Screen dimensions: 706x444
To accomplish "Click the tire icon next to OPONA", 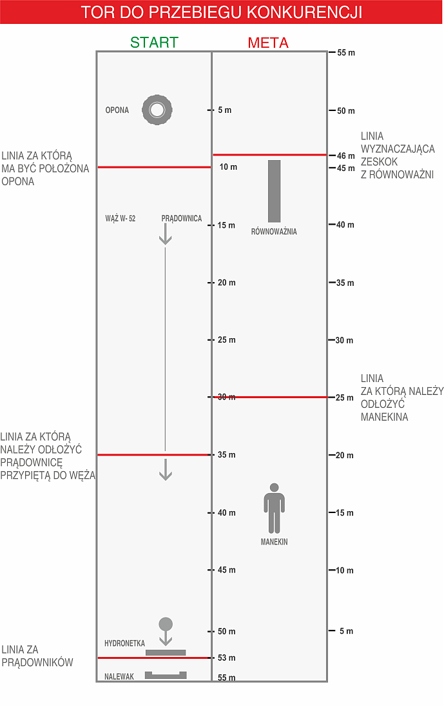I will (x=157, y=110).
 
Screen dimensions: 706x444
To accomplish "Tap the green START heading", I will (x=154, y=43).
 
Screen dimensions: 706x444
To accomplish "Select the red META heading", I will (x=268, y=43).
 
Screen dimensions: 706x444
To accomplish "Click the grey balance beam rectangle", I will (x=275, y=190).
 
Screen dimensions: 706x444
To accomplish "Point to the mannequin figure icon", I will (x=274, y=508).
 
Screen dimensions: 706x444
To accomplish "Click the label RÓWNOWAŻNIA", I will (x=274, y=232).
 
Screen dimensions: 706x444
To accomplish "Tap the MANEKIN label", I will (x=274, y=542).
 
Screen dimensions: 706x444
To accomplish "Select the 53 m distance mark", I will (x=226, y=658).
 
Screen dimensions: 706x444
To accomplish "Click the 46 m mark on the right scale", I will (x=346, y=156).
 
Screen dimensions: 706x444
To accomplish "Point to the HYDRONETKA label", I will (x=124, y=643).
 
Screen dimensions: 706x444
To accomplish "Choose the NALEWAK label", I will (x=119, y=677).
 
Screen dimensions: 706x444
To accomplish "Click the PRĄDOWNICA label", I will (x=181, y=219).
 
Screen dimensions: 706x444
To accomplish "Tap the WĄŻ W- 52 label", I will (x=121, y=219).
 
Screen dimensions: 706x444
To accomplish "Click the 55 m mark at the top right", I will (x=346, y=52).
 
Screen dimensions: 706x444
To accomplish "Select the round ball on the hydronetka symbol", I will (x=166, y=623).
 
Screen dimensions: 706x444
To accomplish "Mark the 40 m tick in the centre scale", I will (x=226, y=513).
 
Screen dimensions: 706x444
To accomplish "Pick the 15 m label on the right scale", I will (x=345, y=513).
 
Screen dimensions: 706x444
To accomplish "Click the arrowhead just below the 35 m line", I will (x=166, y=473).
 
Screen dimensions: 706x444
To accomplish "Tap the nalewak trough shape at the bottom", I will (x=166, y=675).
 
